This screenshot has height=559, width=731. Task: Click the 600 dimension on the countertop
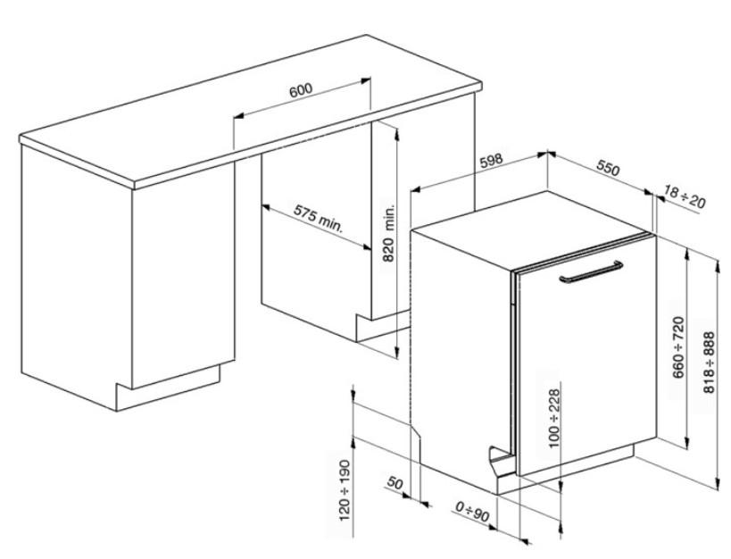pos(301,89)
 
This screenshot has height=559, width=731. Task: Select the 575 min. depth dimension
pos(318,219)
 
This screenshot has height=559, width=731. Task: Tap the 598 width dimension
pos(492,161)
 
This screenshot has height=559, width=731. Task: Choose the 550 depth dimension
pos(608,169)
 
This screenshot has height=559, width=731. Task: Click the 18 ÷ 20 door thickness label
pos(684,197)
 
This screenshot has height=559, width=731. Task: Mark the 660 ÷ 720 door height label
pos(678,347)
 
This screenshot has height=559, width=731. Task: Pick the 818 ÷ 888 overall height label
pos(709,363)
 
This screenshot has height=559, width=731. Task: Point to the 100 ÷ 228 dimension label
pos(554,418)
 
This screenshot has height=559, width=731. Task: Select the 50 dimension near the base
pos(395,483)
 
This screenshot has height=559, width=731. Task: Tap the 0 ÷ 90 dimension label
pos(472,512)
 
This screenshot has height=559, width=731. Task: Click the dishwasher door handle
pos(591,272)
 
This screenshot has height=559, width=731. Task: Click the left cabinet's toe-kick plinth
pos(168,388)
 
